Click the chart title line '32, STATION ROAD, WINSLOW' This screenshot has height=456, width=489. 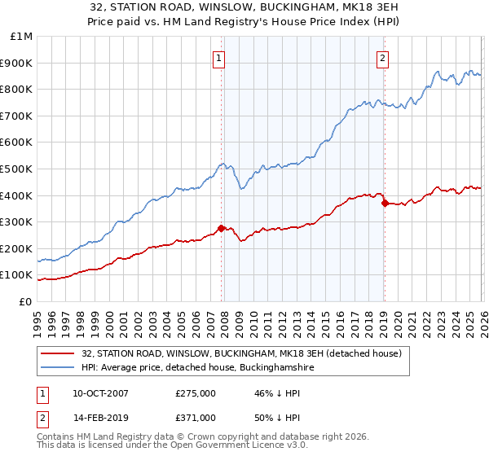244,7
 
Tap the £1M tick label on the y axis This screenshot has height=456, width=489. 22,37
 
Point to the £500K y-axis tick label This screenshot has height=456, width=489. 17,169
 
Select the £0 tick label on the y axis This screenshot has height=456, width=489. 25,301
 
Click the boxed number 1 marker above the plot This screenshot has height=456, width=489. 220,58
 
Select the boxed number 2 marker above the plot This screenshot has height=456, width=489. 382,58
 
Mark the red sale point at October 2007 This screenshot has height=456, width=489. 221,229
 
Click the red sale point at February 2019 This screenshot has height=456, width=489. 384,204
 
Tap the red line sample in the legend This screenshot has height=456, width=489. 59,354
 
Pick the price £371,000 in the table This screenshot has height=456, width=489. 195,417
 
